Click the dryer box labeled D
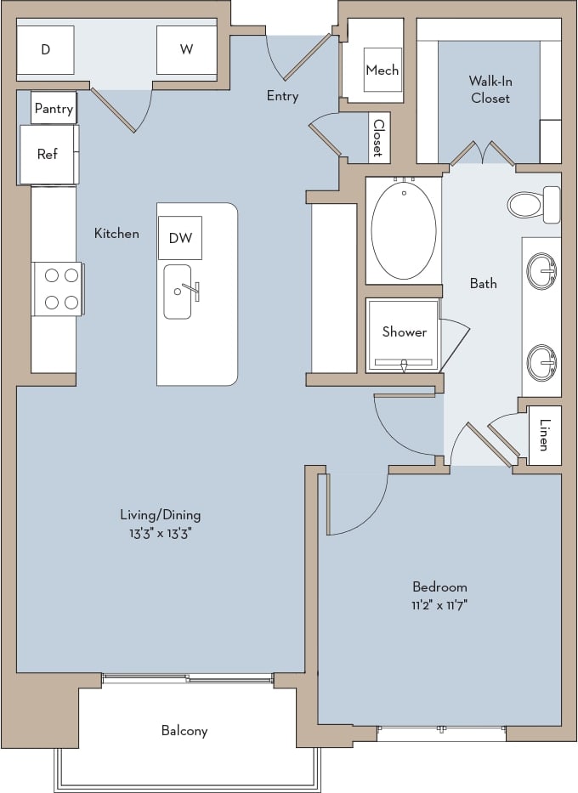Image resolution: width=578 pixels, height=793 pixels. [45, 49]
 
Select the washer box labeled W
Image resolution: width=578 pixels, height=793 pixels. [186, 49]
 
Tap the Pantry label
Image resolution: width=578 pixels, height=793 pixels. [54, 110]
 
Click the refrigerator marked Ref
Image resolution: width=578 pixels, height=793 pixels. [48, 154]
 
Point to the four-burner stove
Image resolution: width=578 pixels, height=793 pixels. [59, 288]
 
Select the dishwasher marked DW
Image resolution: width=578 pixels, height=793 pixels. [180, 238]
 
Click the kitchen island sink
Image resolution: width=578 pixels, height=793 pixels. [178, 292]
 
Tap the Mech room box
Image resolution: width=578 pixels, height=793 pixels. [382, 71]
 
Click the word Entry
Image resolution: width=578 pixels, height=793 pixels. [282, 96]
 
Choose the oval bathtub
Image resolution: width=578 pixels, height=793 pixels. [403, 229]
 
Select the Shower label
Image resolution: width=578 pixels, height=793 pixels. [404, 331]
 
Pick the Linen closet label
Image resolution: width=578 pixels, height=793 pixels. [544, 436]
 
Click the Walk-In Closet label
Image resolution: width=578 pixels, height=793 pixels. [490, 89]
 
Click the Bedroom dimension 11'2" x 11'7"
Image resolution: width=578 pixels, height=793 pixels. [439, 604]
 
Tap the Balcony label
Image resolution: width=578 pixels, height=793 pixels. [184, 730]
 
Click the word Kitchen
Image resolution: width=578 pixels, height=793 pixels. [116, 233]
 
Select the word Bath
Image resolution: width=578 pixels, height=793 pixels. [484, 283]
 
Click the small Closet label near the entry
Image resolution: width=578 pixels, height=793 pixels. [377, 138]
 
